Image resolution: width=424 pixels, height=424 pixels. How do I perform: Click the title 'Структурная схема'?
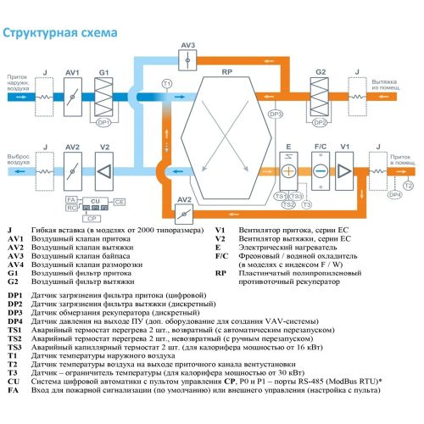59,35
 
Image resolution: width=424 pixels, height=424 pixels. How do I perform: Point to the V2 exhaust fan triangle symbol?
104,170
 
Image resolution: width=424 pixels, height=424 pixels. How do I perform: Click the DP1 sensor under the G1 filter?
104,122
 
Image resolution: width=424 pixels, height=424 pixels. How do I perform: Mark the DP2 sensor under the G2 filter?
320,122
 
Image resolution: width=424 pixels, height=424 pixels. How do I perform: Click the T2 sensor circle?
409,185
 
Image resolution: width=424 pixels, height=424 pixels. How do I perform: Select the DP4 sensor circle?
395,195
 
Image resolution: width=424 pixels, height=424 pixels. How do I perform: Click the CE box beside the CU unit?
120,202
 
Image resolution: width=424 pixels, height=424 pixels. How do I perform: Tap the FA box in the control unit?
72,198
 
